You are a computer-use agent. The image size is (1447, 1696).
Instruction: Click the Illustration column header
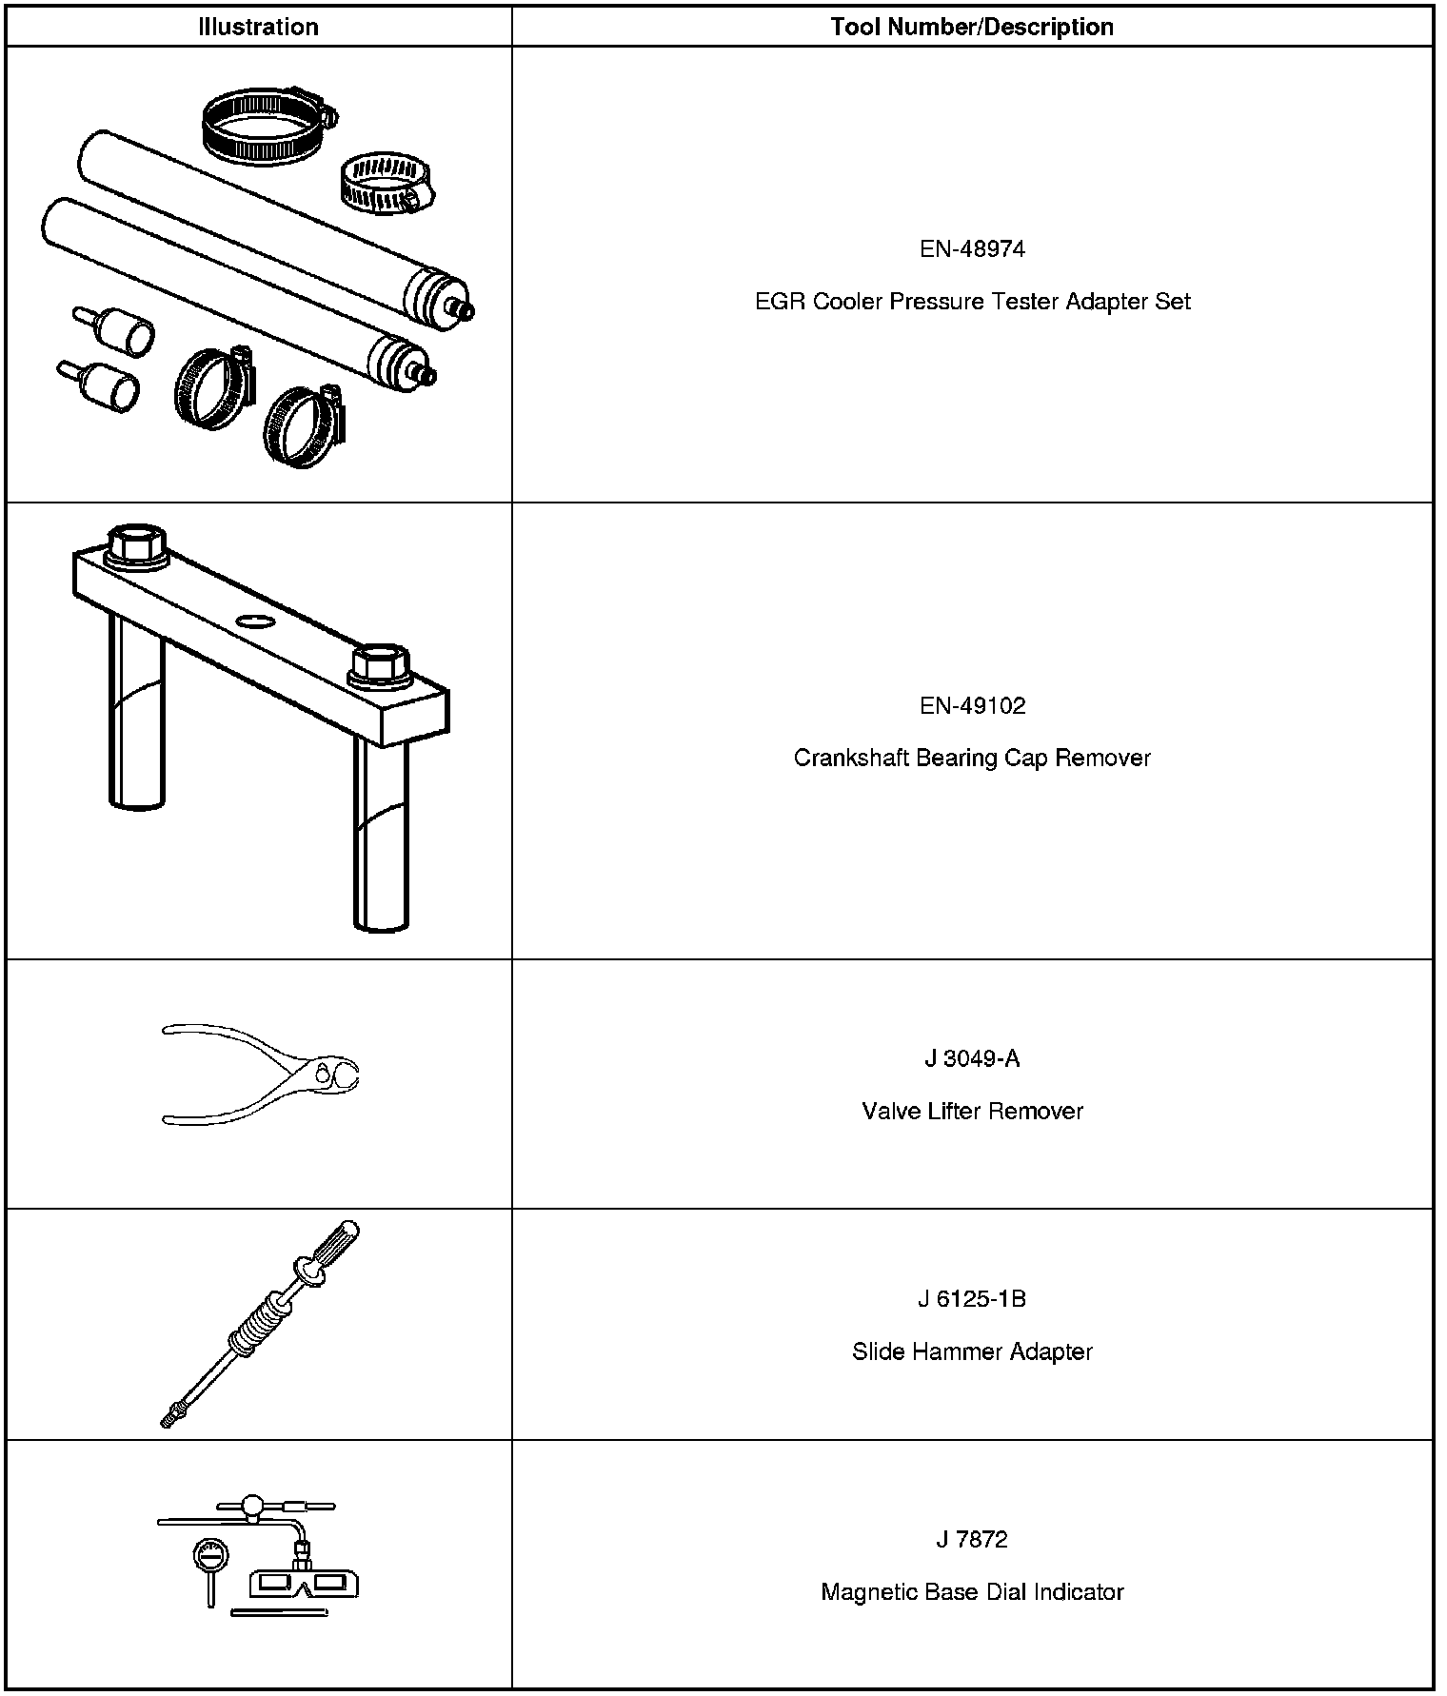click(x=258, y=27)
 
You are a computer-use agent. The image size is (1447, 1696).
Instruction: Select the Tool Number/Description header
click(x=972, y=27)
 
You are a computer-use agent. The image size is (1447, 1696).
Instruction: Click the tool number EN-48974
click(x=972, y=249)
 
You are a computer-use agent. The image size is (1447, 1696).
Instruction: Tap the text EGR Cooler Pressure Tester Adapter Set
click(x=972, y=302)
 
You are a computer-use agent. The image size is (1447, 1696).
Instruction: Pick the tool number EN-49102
click(x=972, y=706)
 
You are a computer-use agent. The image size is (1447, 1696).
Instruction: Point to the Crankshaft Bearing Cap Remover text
click(x=972, y=759)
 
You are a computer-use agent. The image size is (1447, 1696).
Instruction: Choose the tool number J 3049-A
click(x=972, y=1059)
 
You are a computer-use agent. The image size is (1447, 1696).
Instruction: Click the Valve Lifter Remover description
click(x=972, y=1112)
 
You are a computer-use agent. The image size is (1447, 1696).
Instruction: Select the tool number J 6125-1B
click(x=972, y=1300)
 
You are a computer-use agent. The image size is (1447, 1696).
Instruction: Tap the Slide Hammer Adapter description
click(x=972, y=1352)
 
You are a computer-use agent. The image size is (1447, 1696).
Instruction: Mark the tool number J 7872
click(x=972, y=1540)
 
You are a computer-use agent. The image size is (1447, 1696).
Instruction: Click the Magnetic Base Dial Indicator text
click(x=972, y=1592)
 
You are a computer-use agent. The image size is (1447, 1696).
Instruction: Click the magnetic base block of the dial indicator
click(x=304, y=1584)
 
